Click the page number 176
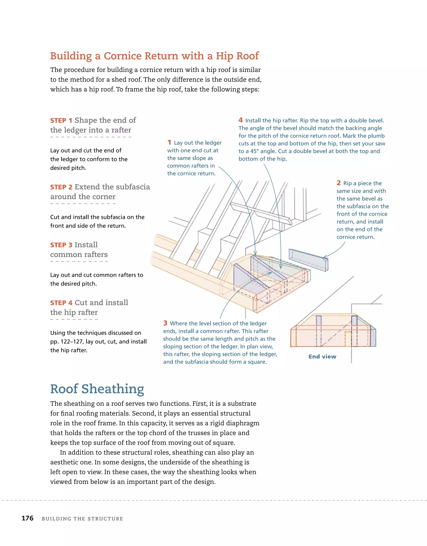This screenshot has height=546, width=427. pos(28,518)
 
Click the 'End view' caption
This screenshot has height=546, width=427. pos(322,357)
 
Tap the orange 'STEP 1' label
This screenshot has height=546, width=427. pos(61,120)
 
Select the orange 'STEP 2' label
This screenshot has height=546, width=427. pos(61,187)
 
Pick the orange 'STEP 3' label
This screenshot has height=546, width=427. pos(61,245)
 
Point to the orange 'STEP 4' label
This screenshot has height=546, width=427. pos(61,303)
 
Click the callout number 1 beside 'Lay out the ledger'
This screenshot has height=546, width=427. pos(169,143)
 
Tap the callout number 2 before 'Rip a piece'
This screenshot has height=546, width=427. pos(338,183)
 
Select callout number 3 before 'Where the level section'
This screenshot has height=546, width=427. pos(165,323)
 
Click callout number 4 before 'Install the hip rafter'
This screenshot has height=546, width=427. pos(240,120)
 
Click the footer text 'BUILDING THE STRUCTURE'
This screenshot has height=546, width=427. pos(82,519)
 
